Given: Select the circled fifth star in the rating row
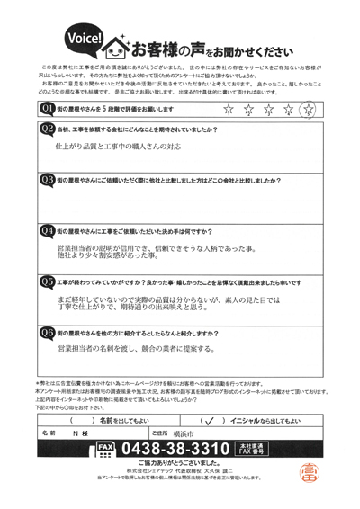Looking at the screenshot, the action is pos(310,111).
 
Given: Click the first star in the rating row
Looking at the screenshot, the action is pos(228,111).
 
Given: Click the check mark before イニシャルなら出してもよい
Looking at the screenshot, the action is pos(209,420).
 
